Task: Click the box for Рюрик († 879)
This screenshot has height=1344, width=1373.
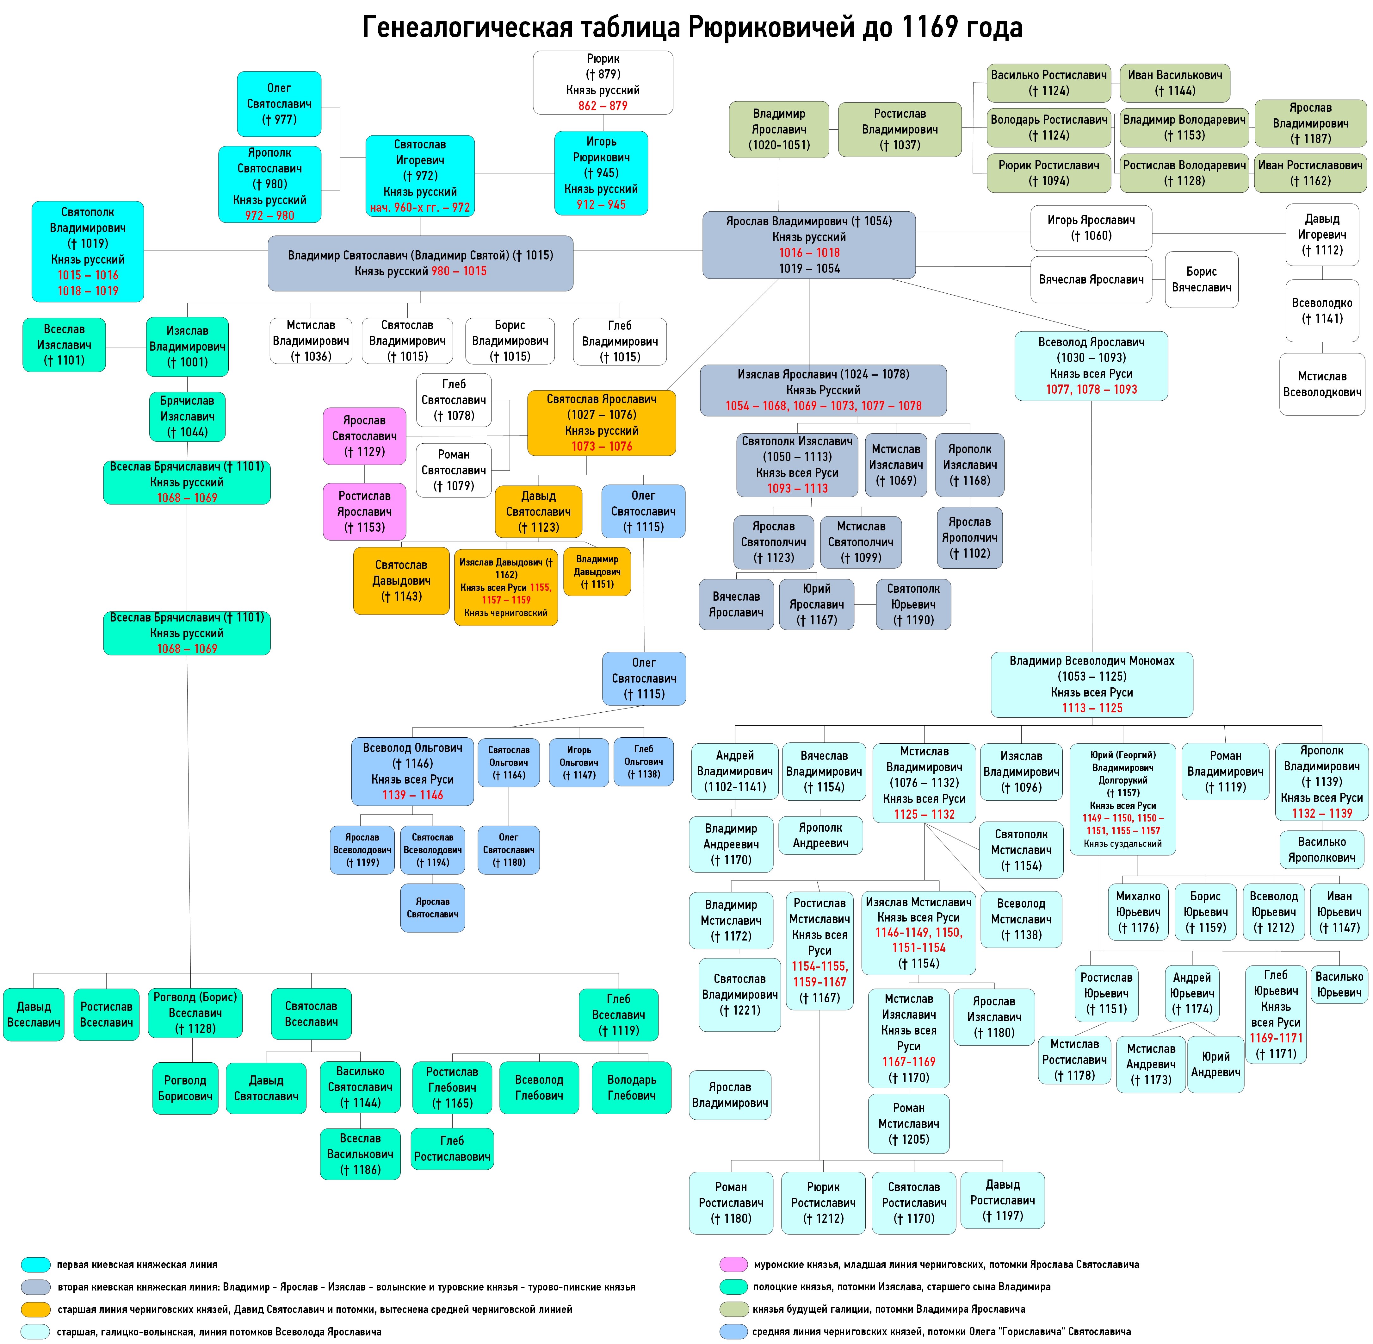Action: coord(603,82)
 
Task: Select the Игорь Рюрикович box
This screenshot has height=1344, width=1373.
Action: coord(601,173)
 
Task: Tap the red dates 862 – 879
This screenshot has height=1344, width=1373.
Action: coord(603,106)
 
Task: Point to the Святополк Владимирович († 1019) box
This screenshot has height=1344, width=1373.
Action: coord(88,251)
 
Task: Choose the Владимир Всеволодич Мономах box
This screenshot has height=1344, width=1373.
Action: coord(1092,684)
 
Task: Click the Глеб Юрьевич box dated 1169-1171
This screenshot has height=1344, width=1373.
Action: coord(1276,1014)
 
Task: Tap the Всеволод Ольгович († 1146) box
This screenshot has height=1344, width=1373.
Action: coord(413,772)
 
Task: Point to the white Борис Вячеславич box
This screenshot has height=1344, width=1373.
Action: coord(1202,279)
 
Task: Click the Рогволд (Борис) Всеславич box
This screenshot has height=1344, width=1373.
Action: coord(195,1013)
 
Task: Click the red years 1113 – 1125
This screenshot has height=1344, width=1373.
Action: coord(1092,708)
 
